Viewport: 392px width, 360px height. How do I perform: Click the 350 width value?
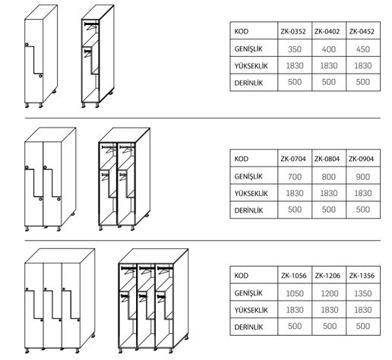coord(295,49)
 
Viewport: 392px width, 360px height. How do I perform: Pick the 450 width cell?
coord(363,49)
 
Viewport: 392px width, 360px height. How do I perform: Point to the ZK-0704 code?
coord(293,159)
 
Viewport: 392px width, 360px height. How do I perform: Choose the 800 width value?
coord(329,176)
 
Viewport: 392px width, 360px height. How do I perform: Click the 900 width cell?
coord(363,176)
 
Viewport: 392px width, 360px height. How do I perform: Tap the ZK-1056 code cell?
coord(293,276)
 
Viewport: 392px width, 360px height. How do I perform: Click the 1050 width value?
coord(295,293)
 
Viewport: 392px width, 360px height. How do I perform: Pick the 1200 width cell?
coord(330,293)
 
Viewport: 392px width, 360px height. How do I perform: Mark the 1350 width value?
coord(363,293)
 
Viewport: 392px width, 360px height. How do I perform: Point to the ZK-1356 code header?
coord(362,276)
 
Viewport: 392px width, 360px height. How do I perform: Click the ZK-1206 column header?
coord(327,276)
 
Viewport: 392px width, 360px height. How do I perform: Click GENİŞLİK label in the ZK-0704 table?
coord(248,176)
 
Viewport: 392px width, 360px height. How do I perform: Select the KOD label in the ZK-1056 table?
coord(242,276)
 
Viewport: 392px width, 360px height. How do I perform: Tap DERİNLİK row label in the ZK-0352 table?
coord(248,83)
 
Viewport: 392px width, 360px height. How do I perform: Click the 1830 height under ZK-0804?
coord(329,193)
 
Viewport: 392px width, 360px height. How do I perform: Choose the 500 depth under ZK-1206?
coord(330,326)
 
